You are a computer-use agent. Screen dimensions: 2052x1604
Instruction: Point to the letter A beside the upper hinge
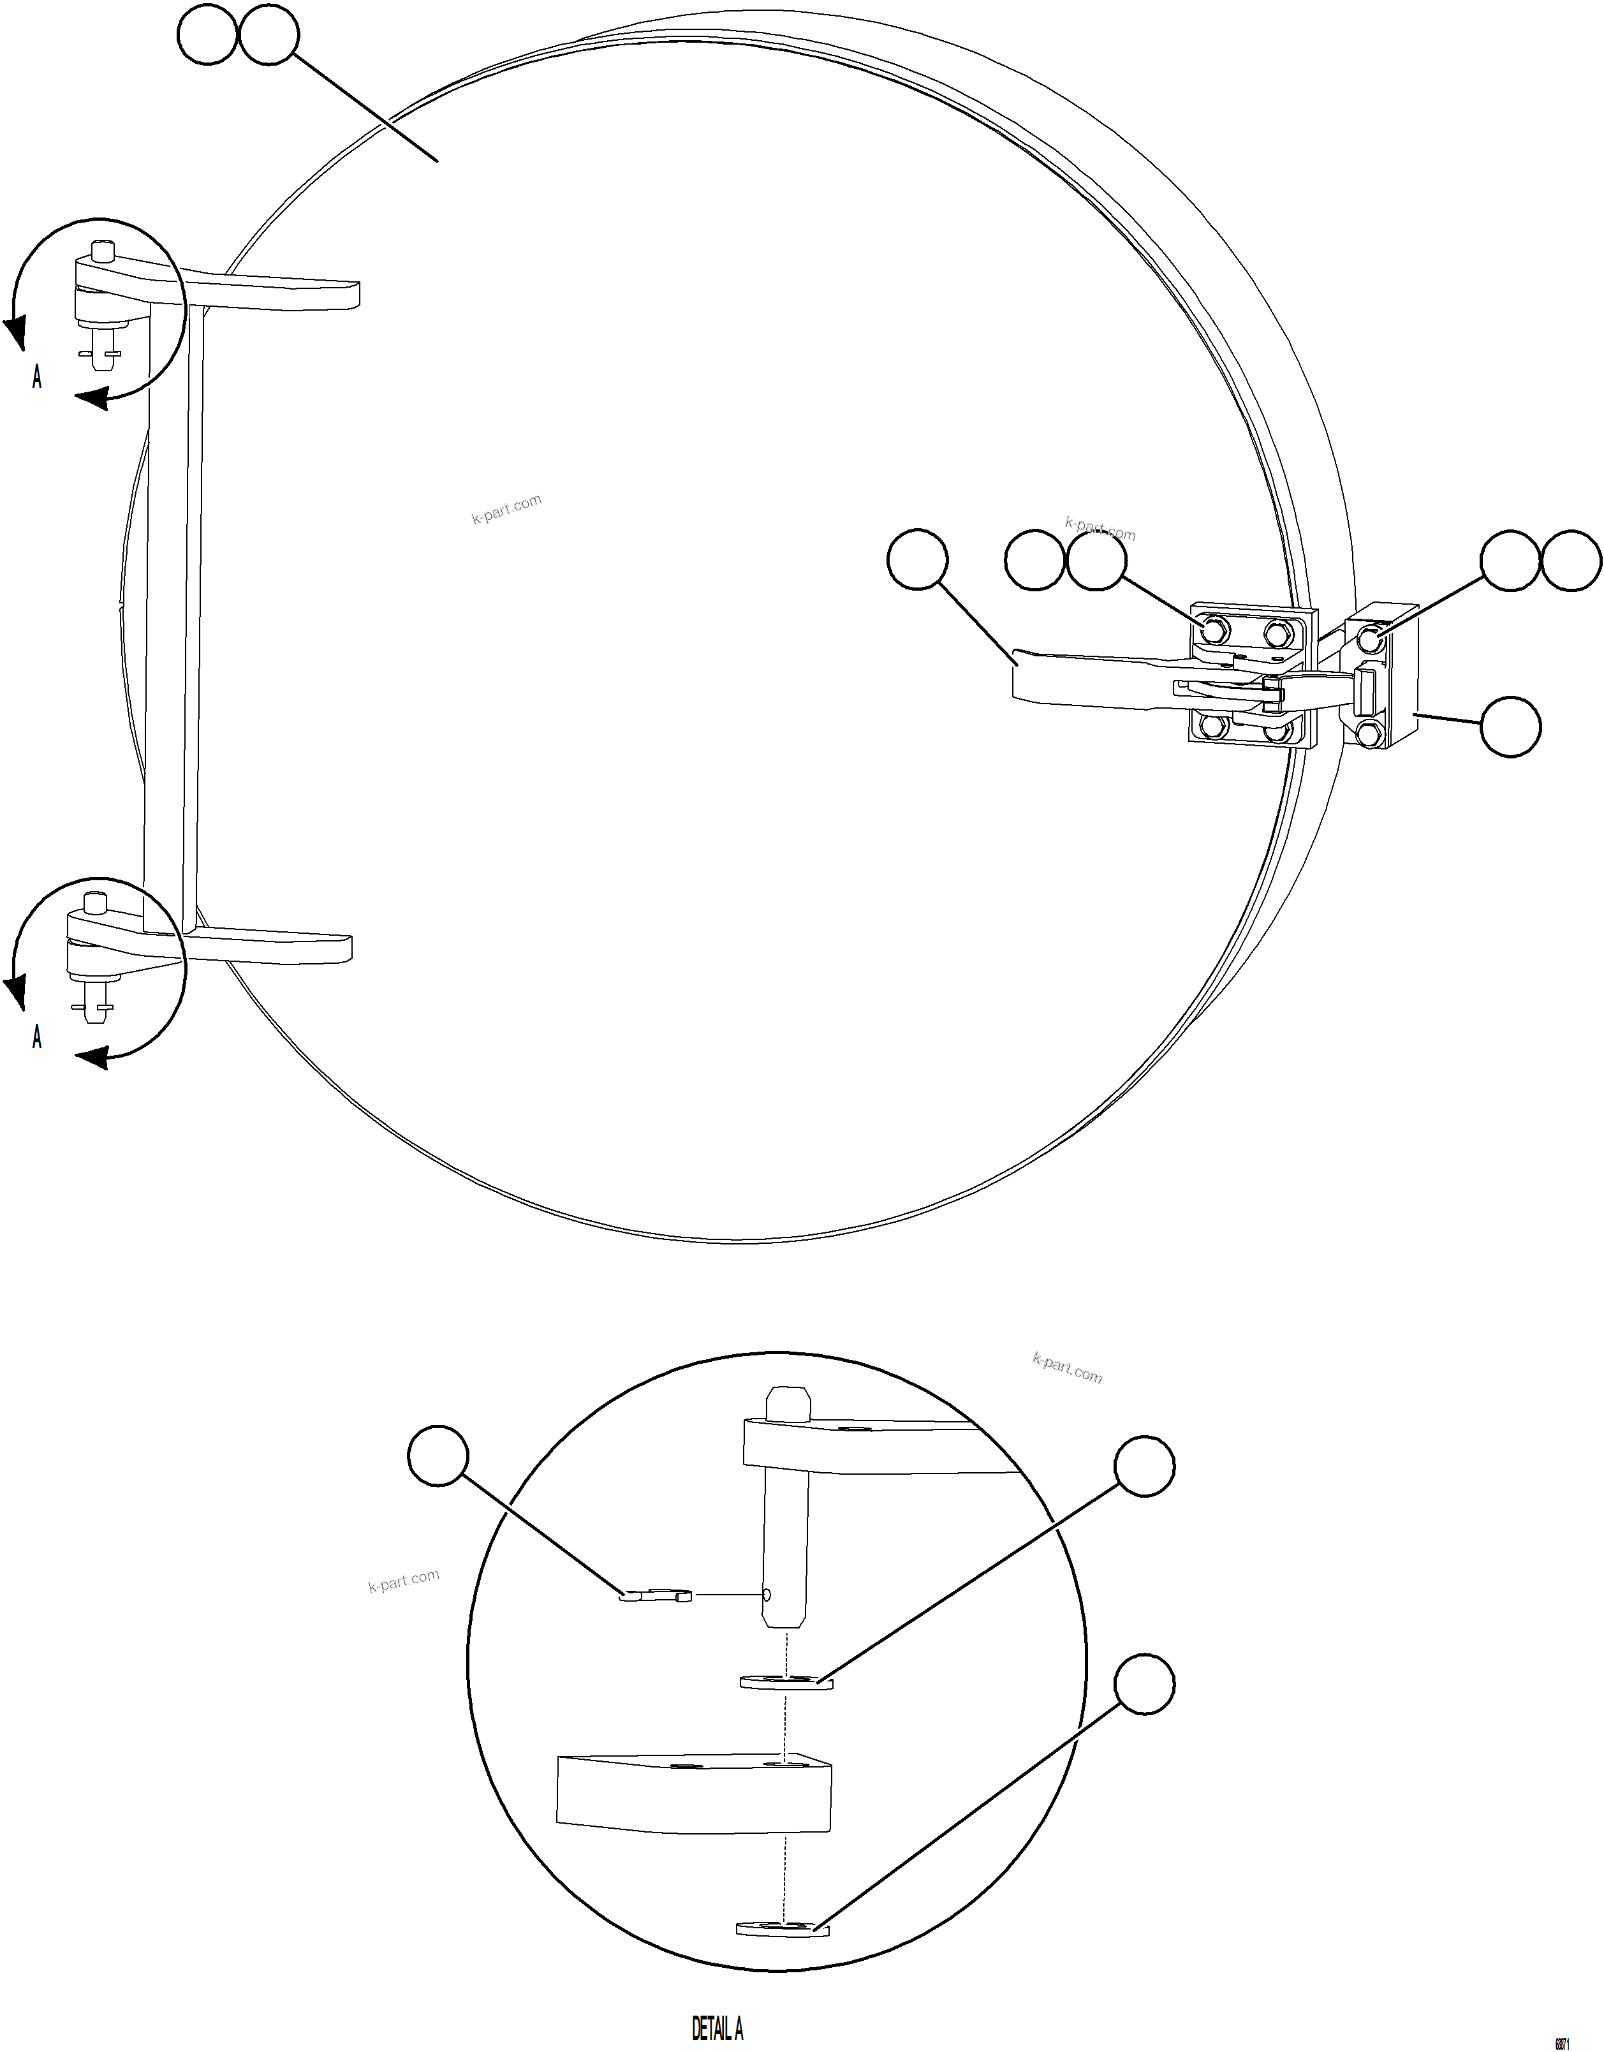click(36, 377)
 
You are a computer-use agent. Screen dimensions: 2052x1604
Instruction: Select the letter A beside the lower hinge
click(36, 1037)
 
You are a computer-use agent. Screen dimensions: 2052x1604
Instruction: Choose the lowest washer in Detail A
click(783, 1928)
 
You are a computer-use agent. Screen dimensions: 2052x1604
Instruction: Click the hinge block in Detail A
click(693, 1792)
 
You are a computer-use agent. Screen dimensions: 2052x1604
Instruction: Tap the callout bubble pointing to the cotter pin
click(438, 1456)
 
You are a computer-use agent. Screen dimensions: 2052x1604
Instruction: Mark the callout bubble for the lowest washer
click(1145, 1685)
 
